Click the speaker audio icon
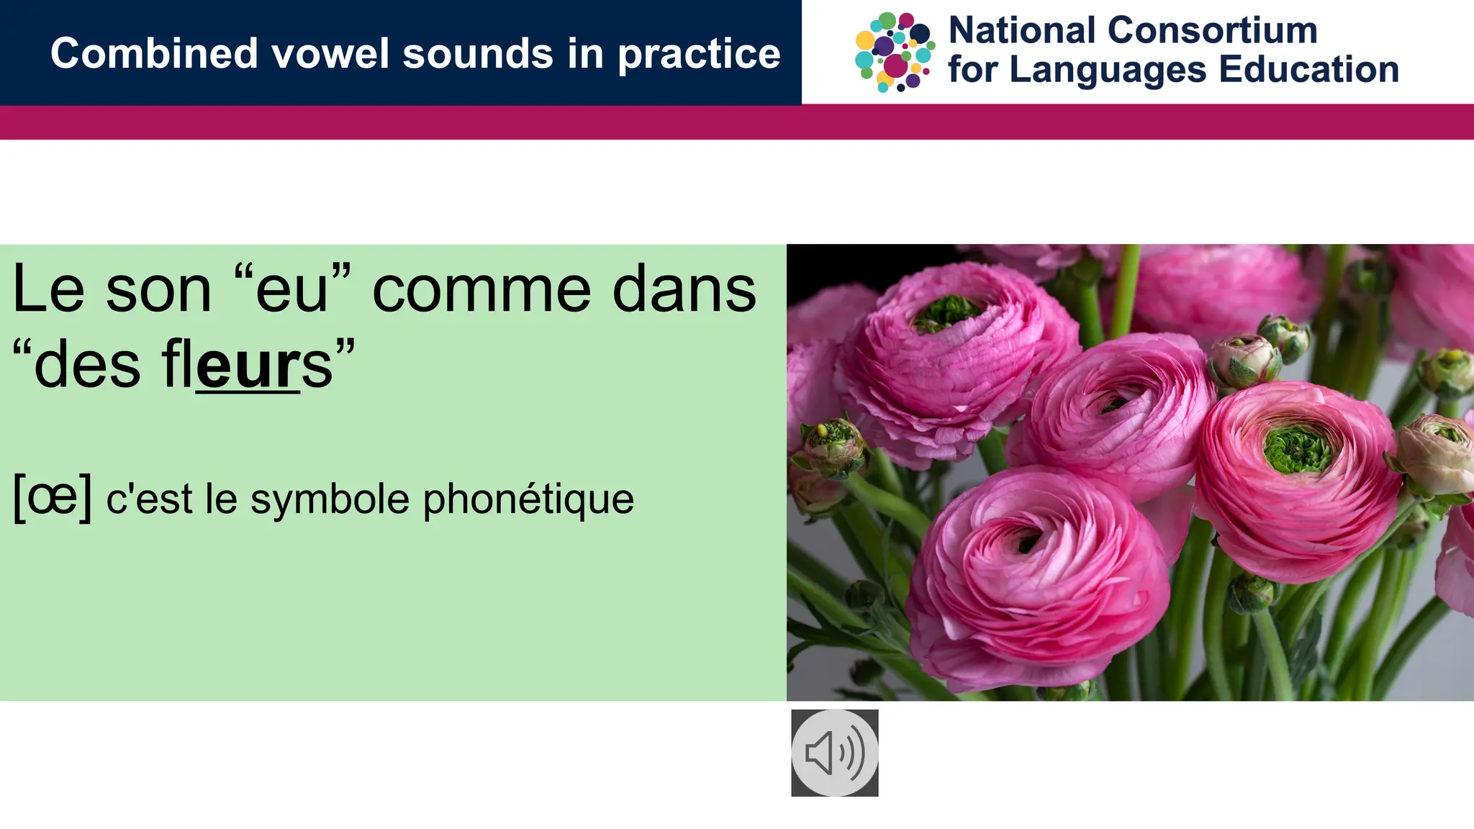(834, 753)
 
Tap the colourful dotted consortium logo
(895, 52)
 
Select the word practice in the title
(699, 55)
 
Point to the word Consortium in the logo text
(1212, 31)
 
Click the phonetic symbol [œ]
(53, 497)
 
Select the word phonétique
(528, 499)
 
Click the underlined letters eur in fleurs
(248, 366)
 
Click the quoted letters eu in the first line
(291, 290)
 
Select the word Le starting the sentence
(48, 290)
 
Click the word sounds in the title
(479, 54)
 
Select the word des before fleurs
(86, 366)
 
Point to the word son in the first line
(158, 290)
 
